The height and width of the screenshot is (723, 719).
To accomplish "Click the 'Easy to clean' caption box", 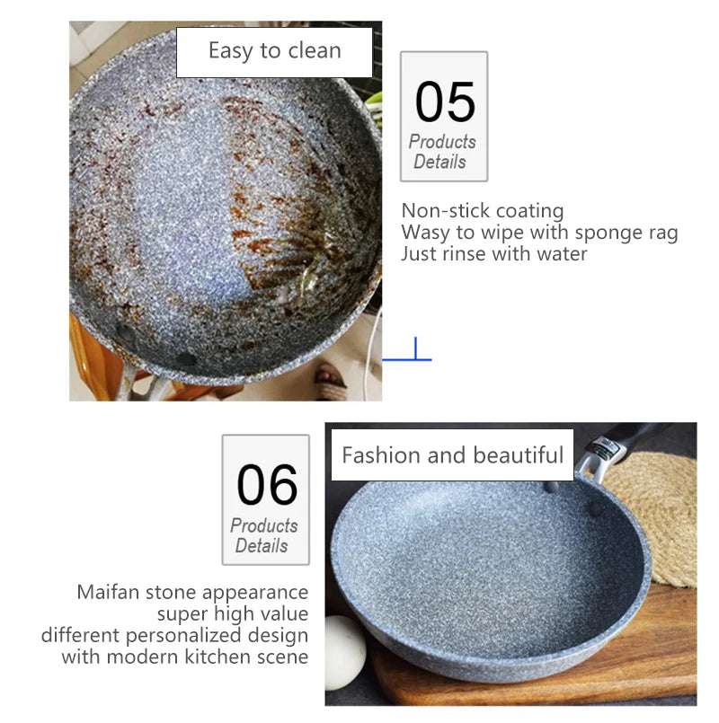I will tap(274, 51).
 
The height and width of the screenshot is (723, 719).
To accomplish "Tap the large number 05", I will tap(445, 101).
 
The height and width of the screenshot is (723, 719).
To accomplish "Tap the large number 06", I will tap(267, 485).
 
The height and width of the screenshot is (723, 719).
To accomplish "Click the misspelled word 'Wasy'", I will tap(425, 233).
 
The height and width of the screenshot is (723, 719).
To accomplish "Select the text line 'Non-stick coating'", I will tap(483, 211).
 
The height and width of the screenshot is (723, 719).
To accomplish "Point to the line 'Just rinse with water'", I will tap(493, 254).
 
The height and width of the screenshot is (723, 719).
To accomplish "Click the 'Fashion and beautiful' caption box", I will tap(452, 454).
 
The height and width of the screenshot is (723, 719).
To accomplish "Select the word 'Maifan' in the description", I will tap(106, 593).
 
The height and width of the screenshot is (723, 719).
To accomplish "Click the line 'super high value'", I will tap(232, 614).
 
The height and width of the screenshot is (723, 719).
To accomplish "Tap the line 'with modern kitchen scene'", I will tap(184, 657).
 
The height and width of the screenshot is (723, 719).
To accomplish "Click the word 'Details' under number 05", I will tap(439, 163).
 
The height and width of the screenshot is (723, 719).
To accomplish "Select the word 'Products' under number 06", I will tap(263, 526).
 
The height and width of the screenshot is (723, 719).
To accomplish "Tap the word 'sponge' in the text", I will tap(597, 233).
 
